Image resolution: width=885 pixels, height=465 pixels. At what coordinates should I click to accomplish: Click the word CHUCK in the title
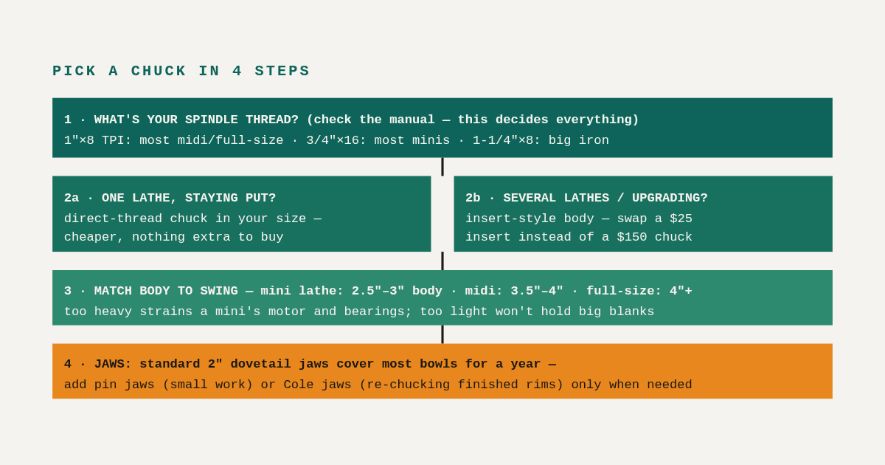tap(159, 71)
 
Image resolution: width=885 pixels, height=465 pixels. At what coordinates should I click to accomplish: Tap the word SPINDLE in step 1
tap(211, 120)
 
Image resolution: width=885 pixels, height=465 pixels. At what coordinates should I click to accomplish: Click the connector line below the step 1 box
tap(442, 167)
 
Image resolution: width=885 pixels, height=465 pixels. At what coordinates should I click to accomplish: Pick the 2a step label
tap(72, 198)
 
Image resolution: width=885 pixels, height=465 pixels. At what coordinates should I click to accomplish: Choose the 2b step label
tap(473, 198)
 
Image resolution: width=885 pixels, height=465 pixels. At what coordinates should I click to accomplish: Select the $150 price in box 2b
tap(632, 237)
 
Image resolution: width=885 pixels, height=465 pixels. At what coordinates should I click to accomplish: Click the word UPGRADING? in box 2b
tap(670, 198)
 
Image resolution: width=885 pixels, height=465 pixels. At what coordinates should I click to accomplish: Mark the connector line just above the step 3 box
tap(442, 261)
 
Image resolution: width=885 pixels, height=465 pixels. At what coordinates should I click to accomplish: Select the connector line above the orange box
tap(442, 334)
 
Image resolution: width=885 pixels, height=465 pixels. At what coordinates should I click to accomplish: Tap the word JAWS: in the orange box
tap(113, 364)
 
